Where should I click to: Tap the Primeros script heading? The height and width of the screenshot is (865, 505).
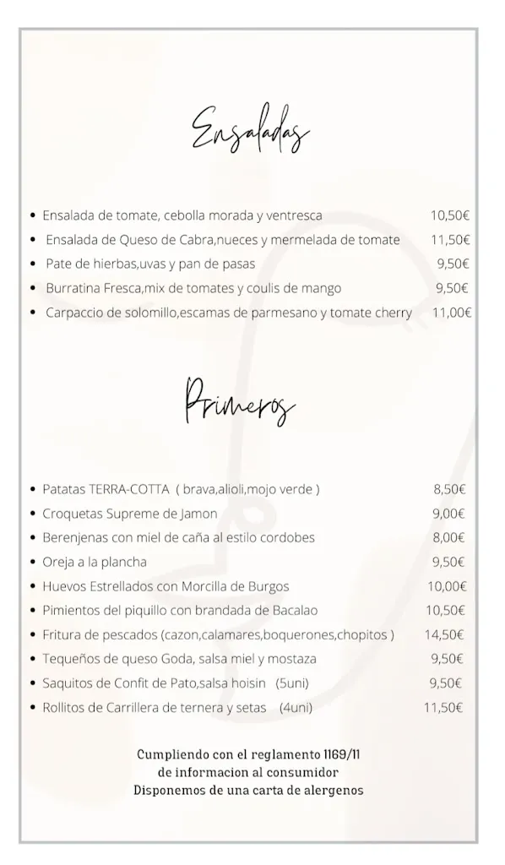coord(239,403)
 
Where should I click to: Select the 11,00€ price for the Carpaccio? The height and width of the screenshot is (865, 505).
coord(451,313)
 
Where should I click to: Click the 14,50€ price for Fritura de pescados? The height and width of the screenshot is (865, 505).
coord(445,634)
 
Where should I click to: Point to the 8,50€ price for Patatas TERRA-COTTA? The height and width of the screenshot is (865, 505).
coord(449,489)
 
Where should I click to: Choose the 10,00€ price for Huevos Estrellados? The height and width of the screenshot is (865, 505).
coord(447,586)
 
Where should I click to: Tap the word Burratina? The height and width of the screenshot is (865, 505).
coord(73,288)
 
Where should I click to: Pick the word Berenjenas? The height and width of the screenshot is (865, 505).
coord(75,537)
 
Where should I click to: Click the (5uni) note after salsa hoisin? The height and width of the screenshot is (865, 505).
coord(294,683)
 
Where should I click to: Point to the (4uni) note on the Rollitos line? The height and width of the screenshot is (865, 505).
coord(296,708)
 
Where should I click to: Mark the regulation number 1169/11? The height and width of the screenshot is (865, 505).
coord(343,754)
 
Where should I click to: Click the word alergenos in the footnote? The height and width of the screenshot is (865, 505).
coord(334,791)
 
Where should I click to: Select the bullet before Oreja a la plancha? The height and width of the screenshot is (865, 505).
coord(32,563)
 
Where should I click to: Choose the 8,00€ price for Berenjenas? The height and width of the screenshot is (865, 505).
coord(449,537)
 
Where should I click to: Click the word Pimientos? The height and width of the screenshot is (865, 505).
coord(70,610)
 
